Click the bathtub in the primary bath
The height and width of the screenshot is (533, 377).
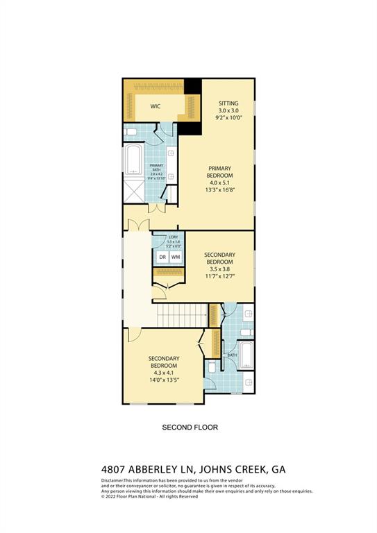pos(133,160)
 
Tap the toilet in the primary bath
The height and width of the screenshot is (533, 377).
pos(132,132)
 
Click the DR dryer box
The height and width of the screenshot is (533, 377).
pos(162,257)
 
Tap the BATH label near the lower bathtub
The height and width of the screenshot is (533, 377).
pos(231,354)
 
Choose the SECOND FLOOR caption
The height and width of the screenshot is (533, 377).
pos(190,428)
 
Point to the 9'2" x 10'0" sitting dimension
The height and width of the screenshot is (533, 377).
pos(228,118)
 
